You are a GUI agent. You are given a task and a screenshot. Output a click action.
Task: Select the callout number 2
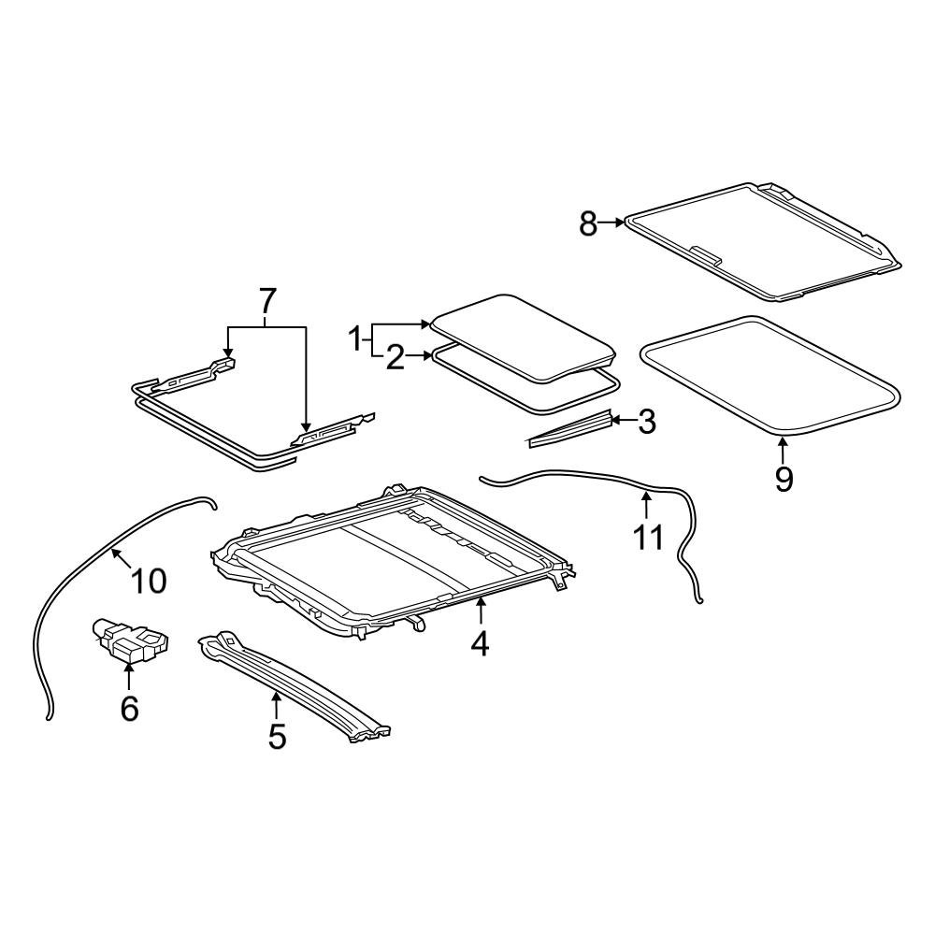click(x=395, y=358)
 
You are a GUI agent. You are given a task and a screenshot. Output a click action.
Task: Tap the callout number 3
click(x=646, y=422)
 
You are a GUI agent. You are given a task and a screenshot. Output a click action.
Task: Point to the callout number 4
click(x=480, y=643)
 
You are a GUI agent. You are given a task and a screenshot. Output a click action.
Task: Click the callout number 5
click(x=277, y=735)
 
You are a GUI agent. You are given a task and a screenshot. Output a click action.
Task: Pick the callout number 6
click(x=129, y=708)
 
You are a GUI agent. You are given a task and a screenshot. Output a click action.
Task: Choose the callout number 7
click(x=267, y=301)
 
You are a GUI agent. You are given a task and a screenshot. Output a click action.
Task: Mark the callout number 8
click(x=587, y=223)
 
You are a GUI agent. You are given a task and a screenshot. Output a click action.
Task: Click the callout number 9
click(x=784, y=479)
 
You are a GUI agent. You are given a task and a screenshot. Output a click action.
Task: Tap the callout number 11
click(x=648, y=537)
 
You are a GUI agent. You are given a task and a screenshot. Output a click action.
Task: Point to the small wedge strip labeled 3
click(x=570, y=427)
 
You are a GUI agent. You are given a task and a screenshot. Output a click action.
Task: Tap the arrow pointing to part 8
click(x=612, y=223)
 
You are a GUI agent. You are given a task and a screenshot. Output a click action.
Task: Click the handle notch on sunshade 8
click(x=705, y=253)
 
